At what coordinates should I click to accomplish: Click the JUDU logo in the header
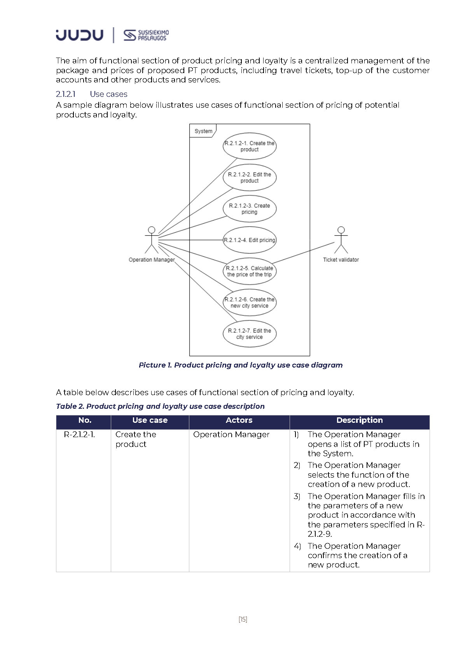[x=80, y=35]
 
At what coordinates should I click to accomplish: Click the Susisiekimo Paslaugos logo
[x=146, y=35]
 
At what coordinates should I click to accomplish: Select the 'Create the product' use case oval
[x=249, y=146]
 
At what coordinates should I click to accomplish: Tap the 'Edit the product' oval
[x=249, y=178]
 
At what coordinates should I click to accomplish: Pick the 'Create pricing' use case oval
[x=249, y=209]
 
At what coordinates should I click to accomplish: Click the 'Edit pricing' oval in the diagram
[x=249, y=240]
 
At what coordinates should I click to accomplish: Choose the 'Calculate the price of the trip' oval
[x=249, y=271]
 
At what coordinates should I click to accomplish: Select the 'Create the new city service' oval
[x=249, y=303]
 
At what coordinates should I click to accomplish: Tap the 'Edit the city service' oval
[x=249, y=334]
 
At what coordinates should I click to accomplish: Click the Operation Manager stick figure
[x=152, y=240]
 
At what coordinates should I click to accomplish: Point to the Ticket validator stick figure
[x=341, y=240]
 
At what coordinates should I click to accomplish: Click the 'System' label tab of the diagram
[x=203, y=131]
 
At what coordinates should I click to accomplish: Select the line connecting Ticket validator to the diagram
[x=303, y=253]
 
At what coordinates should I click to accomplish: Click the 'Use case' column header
[x=150, y=420]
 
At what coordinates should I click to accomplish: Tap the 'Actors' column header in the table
[x=239, y=420]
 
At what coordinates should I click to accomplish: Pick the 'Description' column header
[x=360, y=420]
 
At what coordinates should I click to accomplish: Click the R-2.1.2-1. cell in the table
[x=79, y=434]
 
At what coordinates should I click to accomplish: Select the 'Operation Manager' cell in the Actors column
[x=231, y=434]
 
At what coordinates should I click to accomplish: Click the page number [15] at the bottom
[x=243, y=620]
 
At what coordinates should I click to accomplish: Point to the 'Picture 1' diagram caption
[x=241, y=365]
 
